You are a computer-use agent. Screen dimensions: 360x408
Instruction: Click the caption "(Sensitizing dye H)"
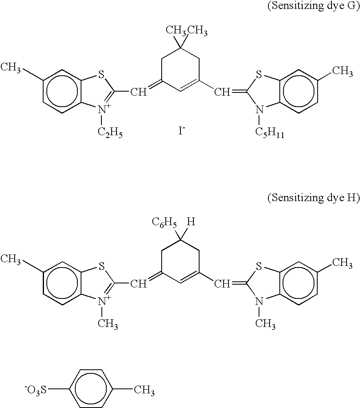click(313, 198)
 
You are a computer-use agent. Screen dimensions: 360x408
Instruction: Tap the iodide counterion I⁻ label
click(181, 132)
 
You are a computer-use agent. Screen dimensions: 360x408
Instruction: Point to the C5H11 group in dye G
click(269, 132)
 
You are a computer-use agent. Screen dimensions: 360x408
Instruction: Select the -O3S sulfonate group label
click(36, 390)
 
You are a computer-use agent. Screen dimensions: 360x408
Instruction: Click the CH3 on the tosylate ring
click(145, 392)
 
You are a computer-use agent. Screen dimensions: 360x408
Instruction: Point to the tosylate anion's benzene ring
click(91, 390)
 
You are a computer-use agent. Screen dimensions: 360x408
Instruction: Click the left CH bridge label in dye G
click(138, 92)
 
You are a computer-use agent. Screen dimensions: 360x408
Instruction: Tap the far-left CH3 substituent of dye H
click(11, 259)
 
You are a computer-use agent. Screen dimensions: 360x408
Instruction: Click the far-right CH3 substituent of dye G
click(342, 71)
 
